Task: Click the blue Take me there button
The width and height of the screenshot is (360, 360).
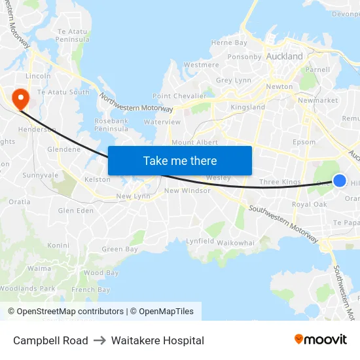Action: [180, 160]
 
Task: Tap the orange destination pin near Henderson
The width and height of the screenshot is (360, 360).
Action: [21, 99]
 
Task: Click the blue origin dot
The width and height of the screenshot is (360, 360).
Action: [340, 180]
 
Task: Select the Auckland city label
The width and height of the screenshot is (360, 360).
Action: [284, 56]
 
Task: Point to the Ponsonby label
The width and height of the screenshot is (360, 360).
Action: [244, 57]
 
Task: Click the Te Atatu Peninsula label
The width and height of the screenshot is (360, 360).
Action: [73, 35]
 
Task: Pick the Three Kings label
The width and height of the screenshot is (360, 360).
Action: [279, 182]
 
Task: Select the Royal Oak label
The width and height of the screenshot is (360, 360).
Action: [309, 205]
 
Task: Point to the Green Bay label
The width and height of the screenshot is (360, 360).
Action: [120, 249]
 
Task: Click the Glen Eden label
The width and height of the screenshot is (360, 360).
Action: [76, 210]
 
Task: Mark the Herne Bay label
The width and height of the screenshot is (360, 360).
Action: [229, 43]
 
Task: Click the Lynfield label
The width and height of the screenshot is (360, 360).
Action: [200, 241]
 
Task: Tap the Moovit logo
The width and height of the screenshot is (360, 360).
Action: [320, 340]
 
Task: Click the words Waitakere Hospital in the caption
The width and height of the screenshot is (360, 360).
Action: [157, 340]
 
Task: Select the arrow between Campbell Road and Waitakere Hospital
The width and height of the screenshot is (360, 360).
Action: [99, 340]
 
